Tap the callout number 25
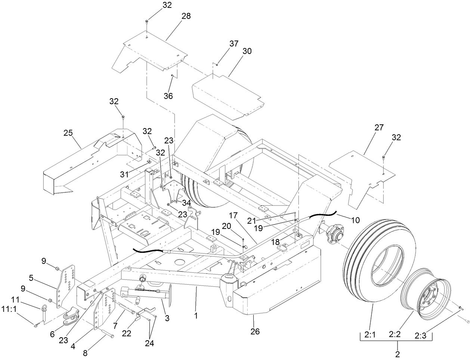68,133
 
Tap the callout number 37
234,43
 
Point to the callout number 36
168,96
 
